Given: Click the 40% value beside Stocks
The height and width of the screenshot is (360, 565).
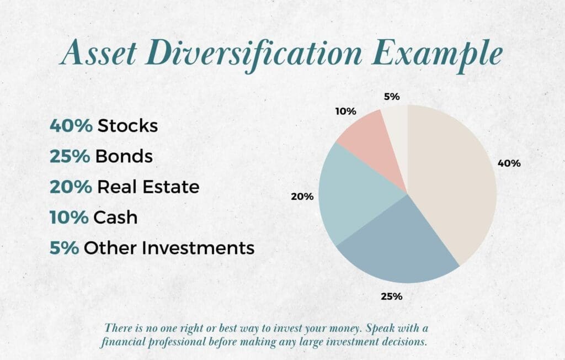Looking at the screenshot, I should coord(71,126).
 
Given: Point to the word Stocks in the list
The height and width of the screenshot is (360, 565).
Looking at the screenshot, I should coord(127,126).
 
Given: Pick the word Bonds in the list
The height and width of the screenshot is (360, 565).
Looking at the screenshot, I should coord(124,156).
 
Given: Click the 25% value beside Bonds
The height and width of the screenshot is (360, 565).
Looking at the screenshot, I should coord(70,156).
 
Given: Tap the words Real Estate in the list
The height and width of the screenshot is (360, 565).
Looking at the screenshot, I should coord(148,187).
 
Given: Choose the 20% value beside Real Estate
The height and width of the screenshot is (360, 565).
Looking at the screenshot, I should coord(71,187).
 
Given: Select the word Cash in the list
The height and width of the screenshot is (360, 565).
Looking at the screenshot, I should coord(115,217).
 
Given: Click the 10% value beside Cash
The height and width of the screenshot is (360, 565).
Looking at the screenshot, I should coord(69,217).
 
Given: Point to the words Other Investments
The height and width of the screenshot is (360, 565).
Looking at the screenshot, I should coord(169,247).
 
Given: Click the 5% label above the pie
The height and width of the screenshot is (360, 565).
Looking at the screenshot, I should coord(392,97).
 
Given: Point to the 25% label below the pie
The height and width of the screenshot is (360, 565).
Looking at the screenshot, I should coord(391,296).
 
